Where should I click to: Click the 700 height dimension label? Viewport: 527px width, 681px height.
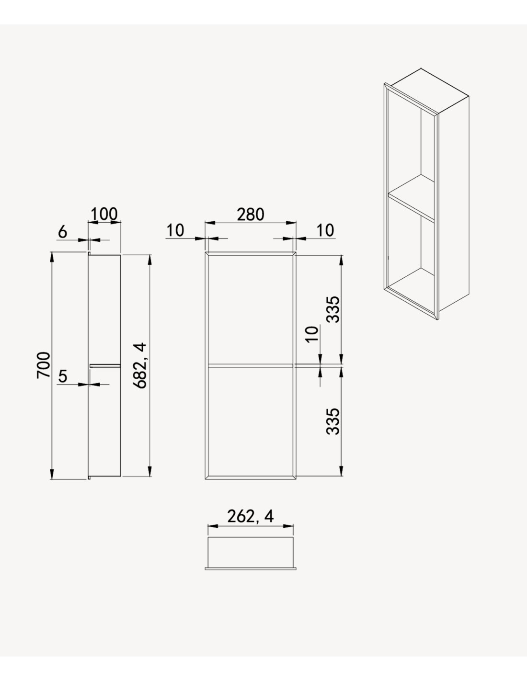[x=43, y=365]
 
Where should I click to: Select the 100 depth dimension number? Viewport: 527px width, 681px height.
[x=104, y=214]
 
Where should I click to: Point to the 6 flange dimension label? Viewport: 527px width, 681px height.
[x=63, y=232]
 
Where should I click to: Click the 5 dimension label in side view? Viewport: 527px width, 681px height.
[x=63, y=376]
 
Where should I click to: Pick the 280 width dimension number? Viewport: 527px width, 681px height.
[x=251, y=215]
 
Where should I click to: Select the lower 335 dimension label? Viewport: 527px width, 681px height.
[x=333, y=421]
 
